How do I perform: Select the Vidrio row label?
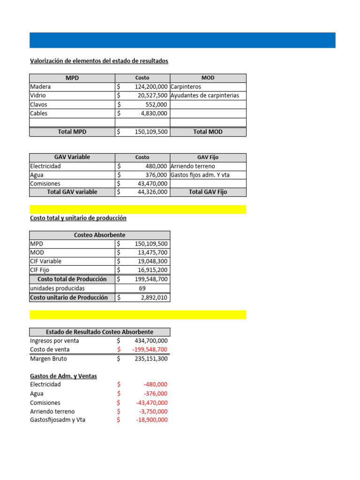pyautogui.click(x=38, y=96)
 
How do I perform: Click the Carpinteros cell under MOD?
pyautogui.click(x=186, y=87)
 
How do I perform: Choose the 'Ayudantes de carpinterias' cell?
pyautogui.click(x=205, y=96)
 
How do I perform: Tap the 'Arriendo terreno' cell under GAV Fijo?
pyautogui.click(x=193, y=166)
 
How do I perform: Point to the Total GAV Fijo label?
pyautogui.click(x=208, y=192)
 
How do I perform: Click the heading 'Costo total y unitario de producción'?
pyautogui.click(x=78, y=218)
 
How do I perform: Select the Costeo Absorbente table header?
pyautogui.click(x=99, y=235)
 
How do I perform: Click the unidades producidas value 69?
pyautogui.click(x=142, y=288)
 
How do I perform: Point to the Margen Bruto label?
pyautogui.click(x=48, y=359)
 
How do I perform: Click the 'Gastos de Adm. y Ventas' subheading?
pyautogui.click(x=63, y=376)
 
